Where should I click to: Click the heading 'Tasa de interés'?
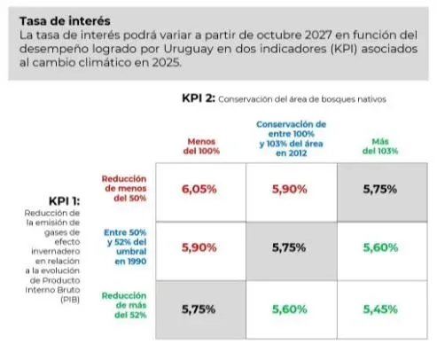coord(65,21)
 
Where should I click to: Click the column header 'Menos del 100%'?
coord(201,146)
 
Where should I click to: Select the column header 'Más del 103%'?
coord(380,146)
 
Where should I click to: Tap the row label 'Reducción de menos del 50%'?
coord(124,188)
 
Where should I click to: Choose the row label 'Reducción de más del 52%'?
coord(124,305)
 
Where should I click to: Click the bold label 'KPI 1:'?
coord(65,201)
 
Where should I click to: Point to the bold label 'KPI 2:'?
coord(199,98)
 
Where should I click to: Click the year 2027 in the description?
coord(318,35)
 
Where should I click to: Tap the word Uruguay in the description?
coord(188,50)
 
